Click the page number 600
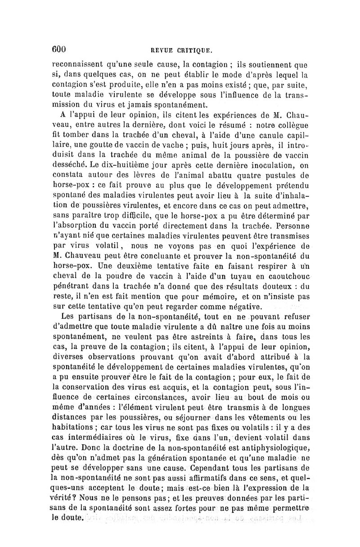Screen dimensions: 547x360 (59, 50)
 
